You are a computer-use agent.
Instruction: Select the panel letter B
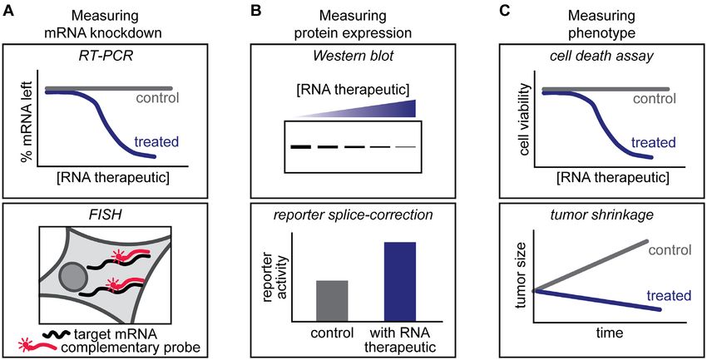[255, 11]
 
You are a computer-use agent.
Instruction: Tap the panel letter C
[505, 11]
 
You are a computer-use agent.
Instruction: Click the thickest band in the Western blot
[301, 147]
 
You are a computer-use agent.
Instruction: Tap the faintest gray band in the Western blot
[406, 147]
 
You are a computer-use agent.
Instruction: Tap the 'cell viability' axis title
[524, 122]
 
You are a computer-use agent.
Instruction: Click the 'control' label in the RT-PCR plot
[156, 98]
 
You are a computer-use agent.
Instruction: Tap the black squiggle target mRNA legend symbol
[56, 335]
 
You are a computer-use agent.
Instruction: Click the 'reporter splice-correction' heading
[353, 215]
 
